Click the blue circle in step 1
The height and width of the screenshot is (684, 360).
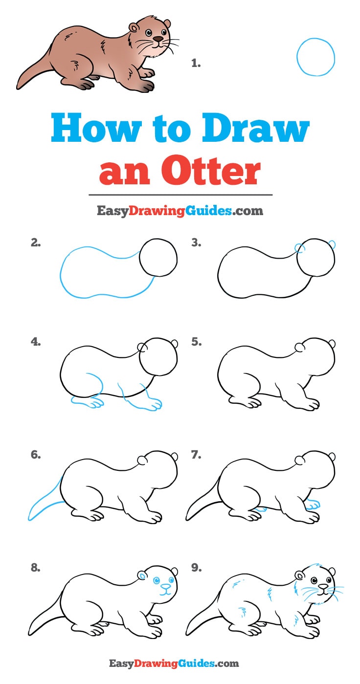click(x=315, y=57)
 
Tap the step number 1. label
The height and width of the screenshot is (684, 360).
click(x=196, y=63)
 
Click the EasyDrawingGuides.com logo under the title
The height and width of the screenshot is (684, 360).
click(x=180, y=211)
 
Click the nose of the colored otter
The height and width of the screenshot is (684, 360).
click(x=158, y=38)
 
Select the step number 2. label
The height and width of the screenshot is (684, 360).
click(x=35, y=243)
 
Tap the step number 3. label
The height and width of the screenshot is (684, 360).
click(x=196, y=243)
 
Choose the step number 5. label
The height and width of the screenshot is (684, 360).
click(x=196, y=342)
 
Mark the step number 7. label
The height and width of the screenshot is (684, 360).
click(x=196, y=455)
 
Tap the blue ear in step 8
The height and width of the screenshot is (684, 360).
click(x=142, y=576)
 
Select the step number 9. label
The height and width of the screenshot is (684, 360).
click(x=196, y=568)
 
